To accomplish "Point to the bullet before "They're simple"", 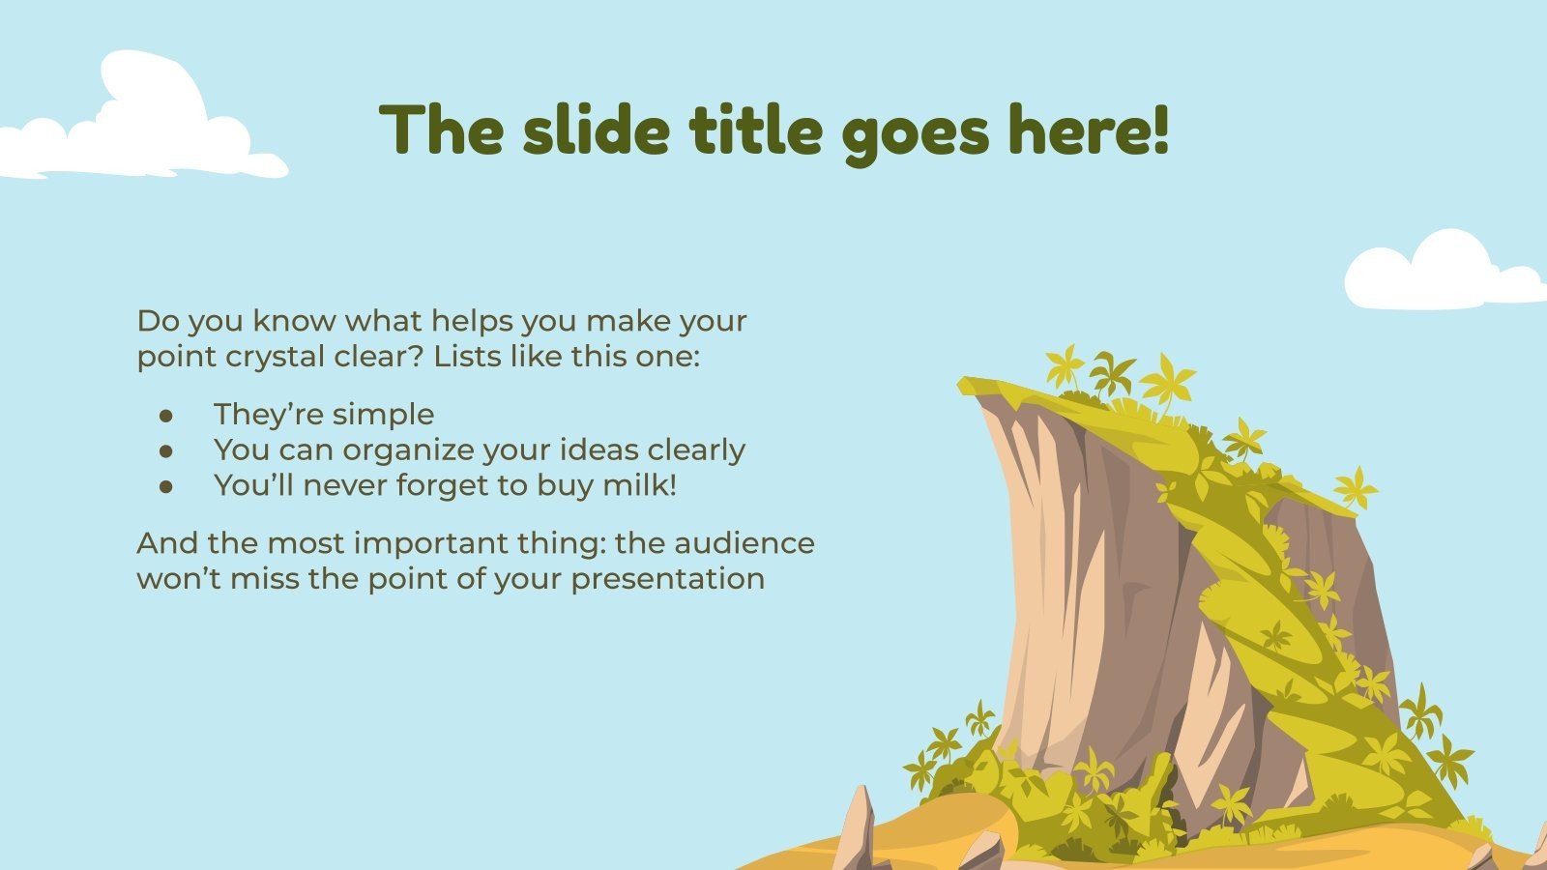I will click(x=166, y=415).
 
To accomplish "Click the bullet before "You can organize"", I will click(x=166, y=450).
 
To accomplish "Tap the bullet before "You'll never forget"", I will click(x=166, y=486).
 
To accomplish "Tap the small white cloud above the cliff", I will click(x=1441, y=273).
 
